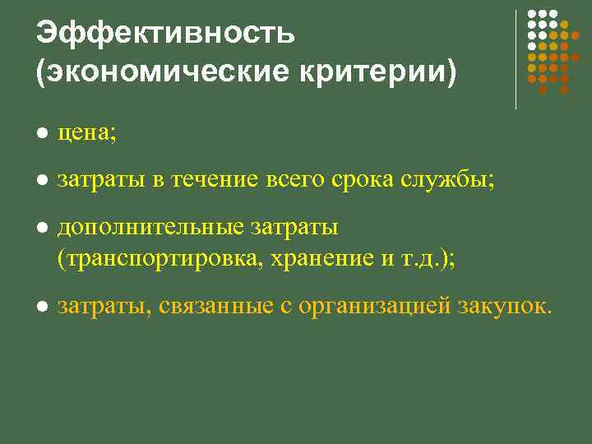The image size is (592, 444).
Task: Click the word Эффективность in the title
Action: [x=165, y=34]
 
